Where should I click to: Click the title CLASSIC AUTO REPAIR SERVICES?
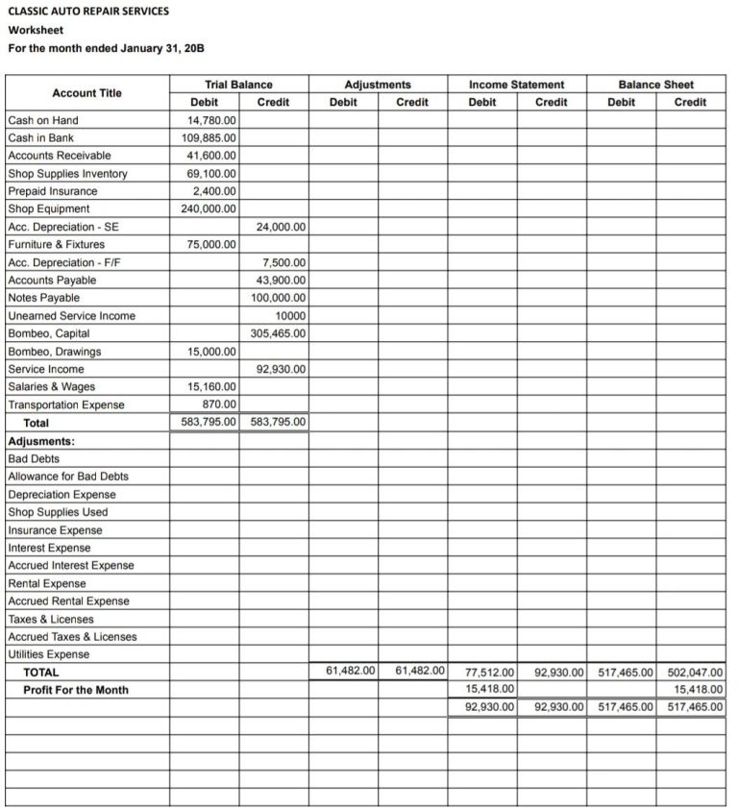88,12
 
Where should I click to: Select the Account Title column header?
86,93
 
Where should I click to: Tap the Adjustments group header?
378,85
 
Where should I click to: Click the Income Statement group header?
516,85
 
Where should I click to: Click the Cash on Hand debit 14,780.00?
211,120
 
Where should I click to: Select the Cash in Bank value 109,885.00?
209,138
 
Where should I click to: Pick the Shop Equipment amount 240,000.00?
209,208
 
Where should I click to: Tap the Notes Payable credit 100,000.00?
279,298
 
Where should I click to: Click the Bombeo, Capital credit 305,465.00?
279,333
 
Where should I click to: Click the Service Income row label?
46,369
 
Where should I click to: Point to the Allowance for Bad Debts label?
68,477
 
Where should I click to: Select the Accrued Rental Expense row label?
68,601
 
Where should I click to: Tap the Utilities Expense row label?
49,654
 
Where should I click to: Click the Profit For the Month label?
76,690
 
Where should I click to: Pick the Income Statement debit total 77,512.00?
490,673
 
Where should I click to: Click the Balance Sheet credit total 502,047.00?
695,673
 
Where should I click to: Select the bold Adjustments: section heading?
41,441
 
